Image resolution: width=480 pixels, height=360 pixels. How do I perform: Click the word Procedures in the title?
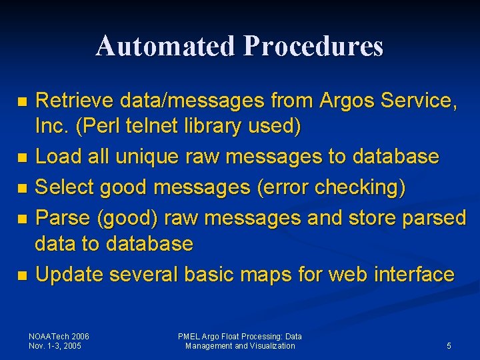[x=313, y=46]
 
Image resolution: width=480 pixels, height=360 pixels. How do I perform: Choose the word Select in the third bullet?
[x=65, y=187]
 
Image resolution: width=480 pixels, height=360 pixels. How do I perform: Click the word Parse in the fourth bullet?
[x=62, y=218]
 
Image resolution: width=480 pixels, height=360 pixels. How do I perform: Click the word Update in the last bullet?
[x=69, y=274]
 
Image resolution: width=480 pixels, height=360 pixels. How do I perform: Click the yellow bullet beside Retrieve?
[x=22, y=102]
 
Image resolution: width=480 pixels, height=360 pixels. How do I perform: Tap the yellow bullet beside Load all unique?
[x=22, y=158]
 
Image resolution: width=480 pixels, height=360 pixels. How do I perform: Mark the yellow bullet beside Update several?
[x=22, y=275]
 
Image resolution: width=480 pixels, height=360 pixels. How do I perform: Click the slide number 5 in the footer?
[x=449, y=346]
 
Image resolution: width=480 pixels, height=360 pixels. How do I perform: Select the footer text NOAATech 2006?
[x=59, y=337]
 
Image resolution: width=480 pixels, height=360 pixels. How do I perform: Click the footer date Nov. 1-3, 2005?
[x=55, y=346]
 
